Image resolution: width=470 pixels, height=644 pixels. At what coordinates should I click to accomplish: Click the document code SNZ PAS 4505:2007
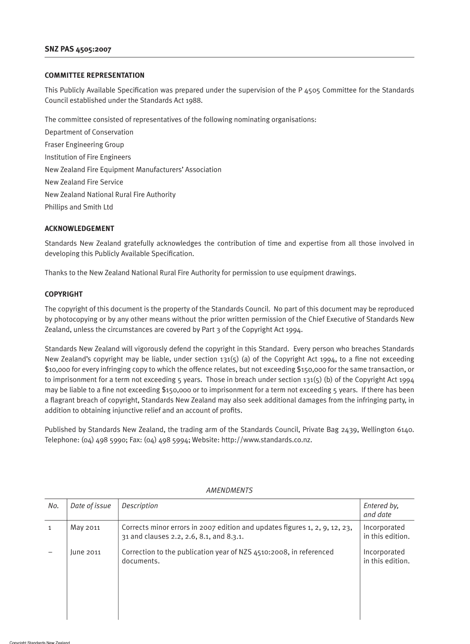pos(78,49)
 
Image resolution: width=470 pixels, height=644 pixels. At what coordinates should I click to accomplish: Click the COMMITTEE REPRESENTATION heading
pos(94,76)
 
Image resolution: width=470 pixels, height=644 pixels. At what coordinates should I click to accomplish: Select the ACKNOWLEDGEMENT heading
pos(79,229)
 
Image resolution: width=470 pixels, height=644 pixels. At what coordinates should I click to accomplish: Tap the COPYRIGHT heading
pos(63,294)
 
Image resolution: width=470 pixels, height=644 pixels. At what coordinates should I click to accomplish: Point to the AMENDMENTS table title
pos(229,490)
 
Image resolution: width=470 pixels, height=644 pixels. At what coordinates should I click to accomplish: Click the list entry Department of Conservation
pos(89,132)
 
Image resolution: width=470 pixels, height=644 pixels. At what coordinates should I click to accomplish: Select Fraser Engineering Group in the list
pos(84,144)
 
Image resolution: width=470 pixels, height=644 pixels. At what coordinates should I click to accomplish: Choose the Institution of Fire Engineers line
pos(88,157)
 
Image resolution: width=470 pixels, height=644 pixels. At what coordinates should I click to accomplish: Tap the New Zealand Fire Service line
pos(84,182)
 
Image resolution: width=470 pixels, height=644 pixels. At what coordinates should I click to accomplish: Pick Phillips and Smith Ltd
pos(79,207)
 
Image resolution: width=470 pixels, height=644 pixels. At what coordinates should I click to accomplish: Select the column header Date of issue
pos(91,506)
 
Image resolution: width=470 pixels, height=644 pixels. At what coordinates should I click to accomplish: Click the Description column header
pos(140,506)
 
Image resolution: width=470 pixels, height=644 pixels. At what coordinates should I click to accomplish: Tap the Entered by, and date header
pos(381,510)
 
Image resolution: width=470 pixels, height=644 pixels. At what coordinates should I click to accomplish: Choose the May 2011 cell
pos(85,527)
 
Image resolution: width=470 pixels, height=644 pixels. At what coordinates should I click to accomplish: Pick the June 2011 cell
pos(86,552)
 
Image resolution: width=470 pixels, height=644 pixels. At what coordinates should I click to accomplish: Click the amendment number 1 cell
pos(49,528)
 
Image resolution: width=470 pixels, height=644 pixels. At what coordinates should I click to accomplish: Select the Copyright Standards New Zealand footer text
pos(40,642)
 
